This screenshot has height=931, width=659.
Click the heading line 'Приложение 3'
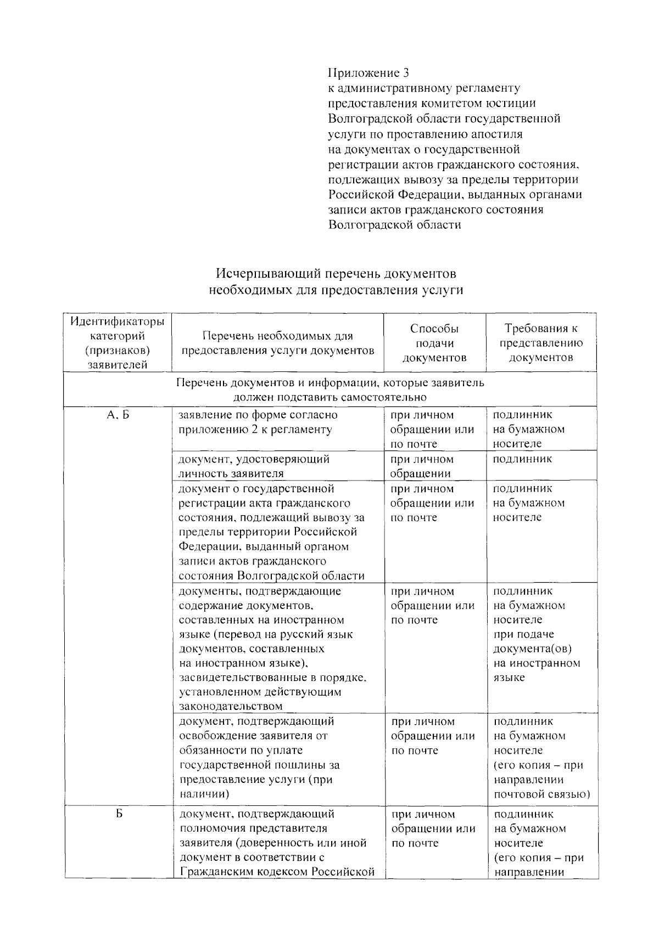pyautogui.click(x=368, y=73)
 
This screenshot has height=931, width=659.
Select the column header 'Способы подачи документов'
pyautogui.click(x=434, y=343)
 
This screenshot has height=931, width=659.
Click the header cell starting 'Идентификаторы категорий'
pyautogui.click(x=118, y=342)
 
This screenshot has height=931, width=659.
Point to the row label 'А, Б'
pyautogui.click(x=118, y=415)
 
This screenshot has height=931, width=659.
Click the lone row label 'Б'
pyautogui.click(x=118, y=814)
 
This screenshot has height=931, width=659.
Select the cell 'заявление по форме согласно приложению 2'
pyautogui.click(x=258, y=422)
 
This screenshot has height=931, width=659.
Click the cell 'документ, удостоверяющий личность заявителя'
pyautogui.click(x=254, y=466)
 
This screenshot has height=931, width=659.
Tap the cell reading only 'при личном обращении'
pyautogui.click(x=421, y=466)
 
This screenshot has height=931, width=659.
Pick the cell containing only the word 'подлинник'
pyautogui.click(x=522, y=459)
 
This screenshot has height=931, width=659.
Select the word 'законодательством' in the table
pyautogui.click(x=231, y=707)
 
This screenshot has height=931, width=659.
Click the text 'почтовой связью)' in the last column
pyautogui.click(x=541, y=794)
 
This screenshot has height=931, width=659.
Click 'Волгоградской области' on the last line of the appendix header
pyautogui.click(x=394, y=225)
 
